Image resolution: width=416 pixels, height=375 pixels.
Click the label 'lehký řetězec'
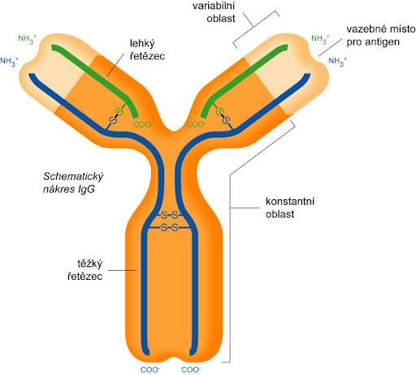click(x=147, y=50)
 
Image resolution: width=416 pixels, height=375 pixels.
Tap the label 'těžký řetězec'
click(x=85, y=270)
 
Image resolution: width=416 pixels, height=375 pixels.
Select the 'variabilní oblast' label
click(x=214, y=12)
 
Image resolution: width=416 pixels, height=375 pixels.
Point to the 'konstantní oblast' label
click(x=290, y=207)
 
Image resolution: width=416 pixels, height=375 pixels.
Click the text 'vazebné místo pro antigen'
click(x=381, y=36)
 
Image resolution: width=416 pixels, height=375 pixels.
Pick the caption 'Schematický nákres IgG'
click(x=73, y=182)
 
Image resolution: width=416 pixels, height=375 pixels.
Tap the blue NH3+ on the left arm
click(x=9, y=62)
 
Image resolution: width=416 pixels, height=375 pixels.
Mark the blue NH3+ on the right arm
click(x=338, y=62)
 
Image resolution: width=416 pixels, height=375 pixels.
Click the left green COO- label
click(x=143, y=124)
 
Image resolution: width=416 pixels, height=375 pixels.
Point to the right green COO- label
click(x=197, y=124)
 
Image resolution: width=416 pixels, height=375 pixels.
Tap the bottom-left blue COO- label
click(x=150, y=369)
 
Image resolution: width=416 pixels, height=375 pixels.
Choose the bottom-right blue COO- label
click(x=191, y=369)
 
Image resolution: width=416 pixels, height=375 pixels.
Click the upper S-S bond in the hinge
click(x=170, y=216)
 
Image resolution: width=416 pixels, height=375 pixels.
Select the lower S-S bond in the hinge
click(x=170, y=228)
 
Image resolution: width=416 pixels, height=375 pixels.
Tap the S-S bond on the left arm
click(x=116, y=116)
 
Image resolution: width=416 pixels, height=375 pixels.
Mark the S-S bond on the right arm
click(x=223, y=116)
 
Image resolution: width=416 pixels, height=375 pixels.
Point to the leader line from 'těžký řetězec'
click(x=123, y=270)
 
